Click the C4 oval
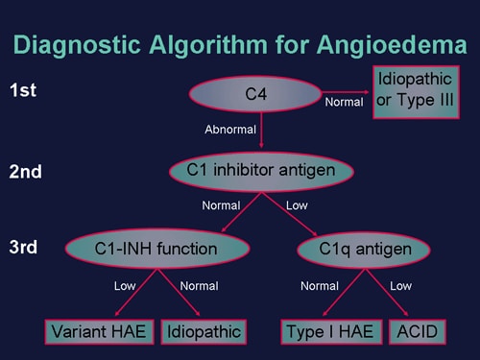(x=254, y=93)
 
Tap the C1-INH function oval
(x=156, y=249)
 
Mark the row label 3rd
(x=25, y=249)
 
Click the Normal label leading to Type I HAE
(x=319, y=285)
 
